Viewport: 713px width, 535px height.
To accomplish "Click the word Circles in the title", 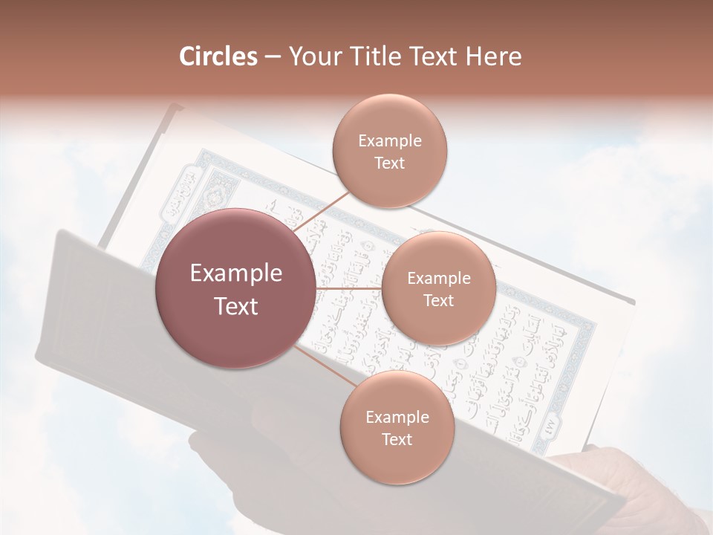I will pyautogui.click(x=218, y=56).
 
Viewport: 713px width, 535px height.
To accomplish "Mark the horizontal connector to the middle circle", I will pyautogui.click(x=348, y=288).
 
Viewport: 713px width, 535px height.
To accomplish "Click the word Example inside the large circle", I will pyautogui.click(x=236, y=273).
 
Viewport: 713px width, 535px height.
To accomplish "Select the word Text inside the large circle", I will pyautogui.click(x=236, y=306).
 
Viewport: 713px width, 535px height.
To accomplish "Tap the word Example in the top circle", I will pyautogui.click(x=389, y=141).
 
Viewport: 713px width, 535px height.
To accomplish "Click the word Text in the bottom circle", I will pyautogui.click(x=397, y=439).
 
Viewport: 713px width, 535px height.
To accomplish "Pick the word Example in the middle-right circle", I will pyautogui.click(x=438, y=279).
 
